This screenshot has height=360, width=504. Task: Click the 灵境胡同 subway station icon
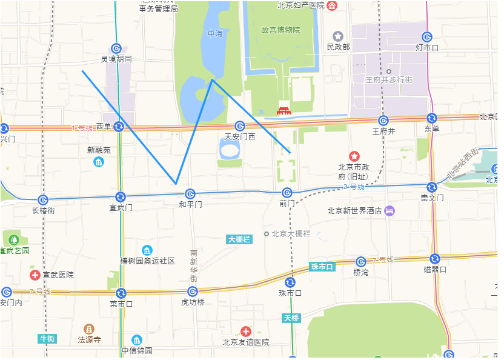click(116, 48)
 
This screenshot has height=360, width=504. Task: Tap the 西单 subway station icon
click(119, 126)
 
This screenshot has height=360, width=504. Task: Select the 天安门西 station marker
click(240, 126)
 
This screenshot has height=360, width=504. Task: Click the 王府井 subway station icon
click(383, 121)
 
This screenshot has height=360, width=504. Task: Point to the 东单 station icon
click(432, 118)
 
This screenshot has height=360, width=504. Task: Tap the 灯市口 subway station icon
click(427, 37)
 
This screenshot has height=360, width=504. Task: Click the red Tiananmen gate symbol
click(283, 110)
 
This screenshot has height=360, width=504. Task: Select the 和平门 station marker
click(190, 193)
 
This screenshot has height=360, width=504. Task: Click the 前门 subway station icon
click(287, 193)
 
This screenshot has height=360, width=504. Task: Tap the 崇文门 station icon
click(432, 187)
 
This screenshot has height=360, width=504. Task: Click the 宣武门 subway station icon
click(121, 196)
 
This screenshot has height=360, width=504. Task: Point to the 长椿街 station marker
click(43, 200)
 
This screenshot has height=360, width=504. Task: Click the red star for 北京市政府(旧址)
click(354, 157)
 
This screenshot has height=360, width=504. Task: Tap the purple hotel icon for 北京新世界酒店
click(390, 210)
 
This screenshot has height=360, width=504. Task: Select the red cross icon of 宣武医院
click(35, 275)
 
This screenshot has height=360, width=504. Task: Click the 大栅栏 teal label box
click(239, 239)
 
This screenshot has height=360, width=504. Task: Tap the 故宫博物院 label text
click(280, 30)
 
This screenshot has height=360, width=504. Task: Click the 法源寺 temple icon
click(89, 328)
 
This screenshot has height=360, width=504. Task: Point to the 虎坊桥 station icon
click(193, 292)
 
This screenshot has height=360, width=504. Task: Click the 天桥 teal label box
click(291, 318)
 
